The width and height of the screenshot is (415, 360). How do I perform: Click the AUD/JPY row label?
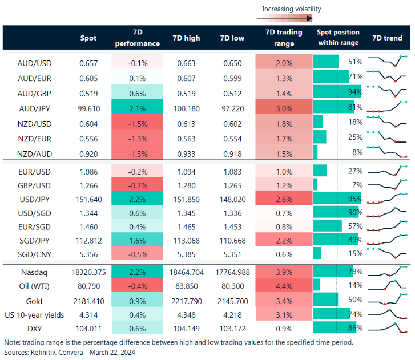tap(33, 107)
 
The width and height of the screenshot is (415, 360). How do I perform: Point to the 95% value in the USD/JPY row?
tap(355, 199)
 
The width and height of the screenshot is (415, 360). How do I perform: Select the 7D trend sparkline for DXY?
tap(387, 328)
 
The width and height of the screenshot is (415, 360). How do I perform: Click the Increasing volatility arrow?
tap(291, 18)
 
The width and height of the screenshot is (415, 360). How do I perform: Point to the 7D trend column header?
tap(386, 38)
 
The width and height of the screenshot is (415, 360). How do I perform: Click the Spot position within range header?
tap(337, 38)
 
